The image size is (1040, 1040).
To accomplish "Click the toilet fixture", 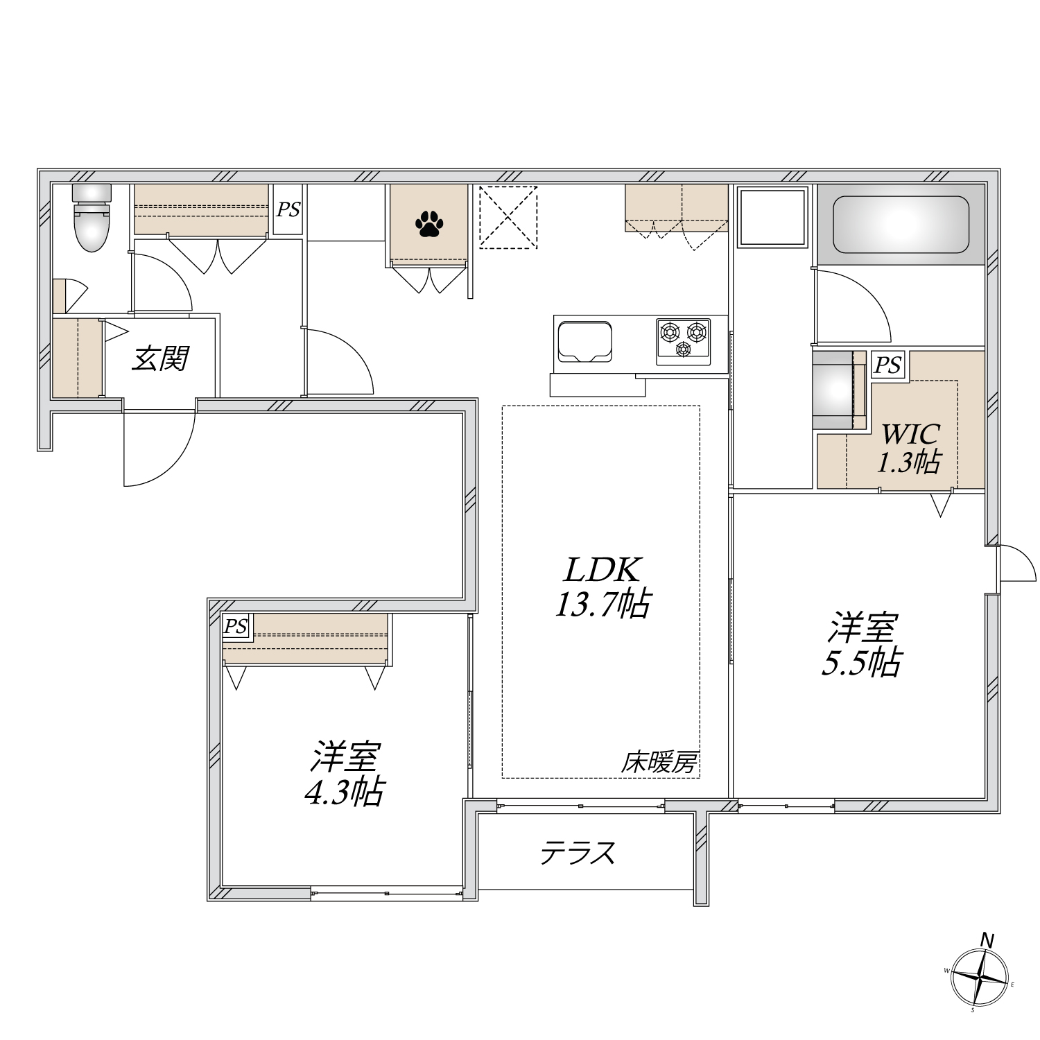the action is click(x=92, y=217).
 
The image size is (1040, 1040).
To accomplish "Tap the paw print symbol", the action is click(x=428, y=224).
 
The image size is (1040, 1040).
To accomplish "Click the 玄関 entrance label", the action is click(x=160, y=358).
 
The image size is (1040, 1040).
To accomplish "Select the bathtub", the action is click(x=901, y=225).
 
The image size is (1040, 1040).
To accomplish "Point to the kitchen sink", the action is click(x=584, y=341).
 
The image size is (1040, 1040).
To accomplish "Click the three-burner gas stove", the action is click(x=684, y=340).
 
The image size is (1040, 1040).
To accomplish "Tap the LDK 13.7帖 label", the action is click(x=601, y=587).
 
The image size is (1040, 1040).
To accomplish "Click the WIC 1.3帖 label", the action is click(x=910, y=448).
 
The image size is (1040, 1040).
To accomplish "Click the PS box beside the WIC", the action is click(x=889, y=364).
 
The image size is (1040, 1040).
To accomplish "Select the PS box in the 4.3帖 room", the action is click(x=236, y=627).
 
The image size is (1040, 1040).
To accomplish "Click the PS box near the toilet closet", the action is click(x=288, y=210).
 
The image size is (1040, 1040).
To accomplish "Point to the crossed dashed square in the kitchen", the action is click(x=508, y=216).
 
